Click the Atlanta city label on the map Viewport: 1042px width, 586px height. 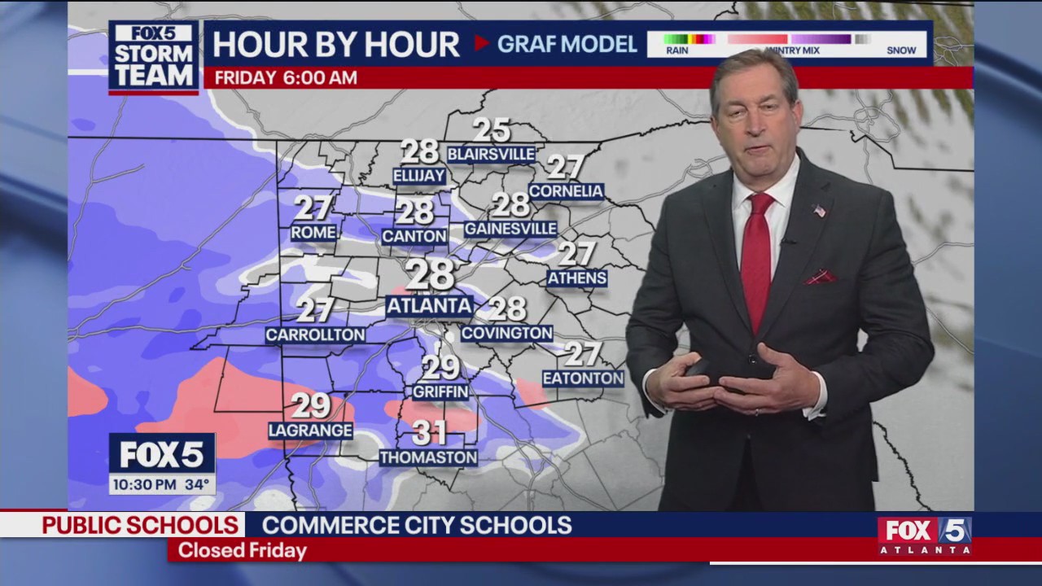point(429,306)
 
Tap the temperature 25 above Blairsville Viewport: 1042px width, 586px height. point(492,130)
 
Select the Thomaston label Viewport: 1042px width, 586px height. point(428,457)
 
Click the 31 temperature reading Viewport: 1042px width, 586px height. point(430,432)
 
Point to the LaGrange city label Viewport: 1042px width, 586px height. point(311,431)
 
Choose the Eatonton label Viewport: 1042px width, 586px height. point(583,378)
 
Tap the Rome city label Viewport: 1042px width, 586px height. point(313,233)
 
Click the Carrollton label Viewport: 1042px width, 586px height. point(315,335)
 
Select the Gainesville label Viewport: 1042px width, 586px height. point(510,229)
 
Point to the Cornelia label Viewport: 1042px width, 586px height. point(566,192)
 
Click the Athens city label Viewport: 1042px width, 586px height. point(577,278)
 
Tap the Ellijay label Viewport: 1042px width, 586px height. point(419,176)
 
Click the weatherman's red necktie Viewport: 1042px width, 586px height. point(757,252)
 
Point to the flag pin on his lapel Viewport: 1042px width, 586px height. point(819,211)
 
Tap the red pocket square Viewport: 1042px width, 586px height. point(820,278)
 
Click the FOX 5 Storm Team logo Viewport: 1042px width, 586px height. point(154,57)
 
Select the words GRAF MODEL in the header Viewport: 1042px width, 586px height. point(567,44)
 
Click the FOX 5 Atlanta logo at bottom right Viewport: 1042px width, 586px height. point(924,536)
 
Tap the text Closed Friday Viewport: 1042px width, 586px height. point(242,551)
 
